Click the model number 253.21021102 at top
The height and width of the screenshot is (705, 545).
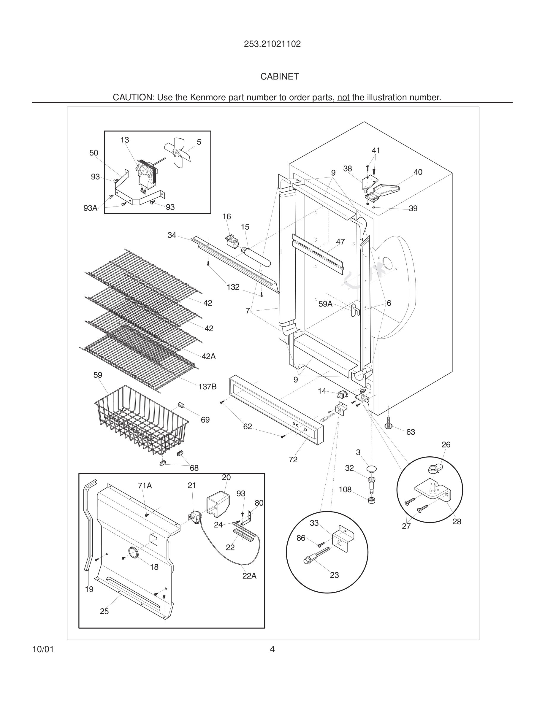[272, 44]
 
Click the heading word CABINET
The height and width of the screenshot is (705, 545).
[280, 77]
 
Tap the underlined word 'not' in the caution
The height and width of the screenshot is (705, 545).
[343, 98]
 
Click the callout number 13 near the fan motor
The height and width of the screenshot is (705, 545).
[125, 140]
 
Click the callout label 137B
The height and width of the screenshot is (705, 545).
[207, 386]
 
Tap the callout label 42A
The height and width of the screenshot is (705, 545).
[209, 356]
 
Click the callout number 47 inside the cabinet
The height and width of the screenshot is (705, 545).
[340, 242]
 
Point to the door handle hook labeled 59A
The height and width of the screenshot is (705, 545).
[355, 309]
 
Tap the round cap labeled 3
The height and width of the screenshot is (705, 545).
[372, 469]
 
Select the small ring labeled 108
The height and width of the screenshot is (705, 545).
[372, 501]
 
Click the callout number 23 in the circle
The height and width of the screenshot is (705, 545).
[334, 575]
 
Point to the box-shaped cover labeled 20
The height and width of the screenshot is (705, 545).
[218, 504]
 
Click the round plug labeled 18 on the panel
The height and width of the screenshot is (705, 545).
[133, 552]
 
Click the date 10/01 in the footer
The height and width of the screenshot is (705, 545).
[43, 649]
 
